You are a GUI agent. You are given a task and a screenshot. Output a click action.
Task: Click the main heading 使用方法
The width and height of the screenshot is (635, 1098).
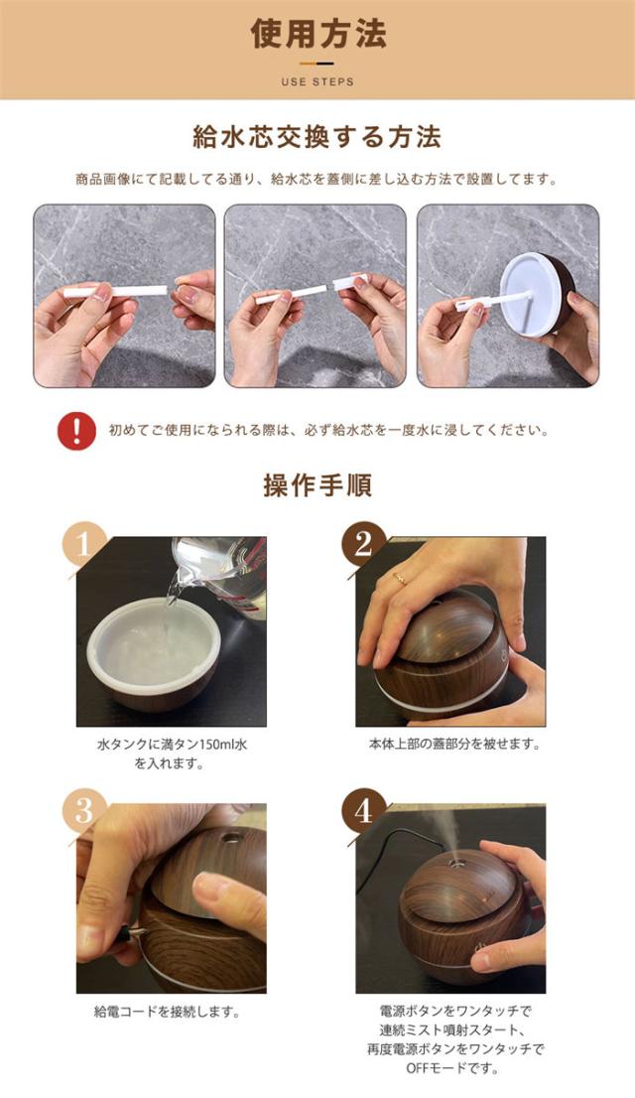318,34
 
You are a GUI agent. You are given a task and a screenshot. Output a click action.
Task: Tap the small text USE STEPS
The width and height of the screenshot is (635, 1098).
317,82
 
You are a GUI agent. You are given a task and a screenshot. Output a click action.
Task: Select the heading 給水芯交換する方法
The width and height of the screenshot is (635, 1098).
317,137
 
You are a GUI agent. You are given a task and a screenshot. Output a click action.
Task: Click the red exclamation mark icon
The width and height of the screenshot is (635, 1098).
77,430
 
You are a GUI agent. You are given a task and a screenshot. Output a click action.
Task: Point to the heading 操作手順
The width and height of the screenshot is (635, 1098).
317,485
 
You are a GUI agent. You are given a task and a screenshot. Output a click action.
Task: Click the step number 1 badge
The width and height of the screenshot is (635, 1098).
83,543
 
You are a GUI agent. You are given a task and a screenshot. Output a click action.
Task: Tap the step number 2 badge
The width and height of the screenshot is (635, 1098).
363,543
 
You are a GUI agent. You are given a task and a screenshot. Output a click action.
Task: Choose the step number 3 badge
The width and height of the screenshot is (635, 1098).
83,810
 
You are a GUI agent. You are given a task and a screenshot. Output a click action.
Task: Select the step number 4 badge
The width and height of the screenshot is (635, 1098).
363,810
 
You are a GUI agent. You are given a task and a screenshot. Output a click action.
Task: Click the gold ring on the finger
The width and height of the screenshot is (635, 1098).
400,579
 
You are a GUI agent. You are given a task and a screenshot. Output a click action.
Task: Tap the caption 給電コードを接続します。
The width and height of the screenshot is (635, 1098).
168,1012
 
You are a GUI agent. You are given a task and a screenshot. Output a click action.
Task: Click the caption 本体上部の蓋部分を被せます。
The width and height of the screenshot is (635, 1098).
454,745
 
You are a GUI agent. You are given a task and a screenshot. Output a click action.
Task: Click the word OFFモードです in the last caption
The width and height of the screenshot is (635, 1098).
452,1068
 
